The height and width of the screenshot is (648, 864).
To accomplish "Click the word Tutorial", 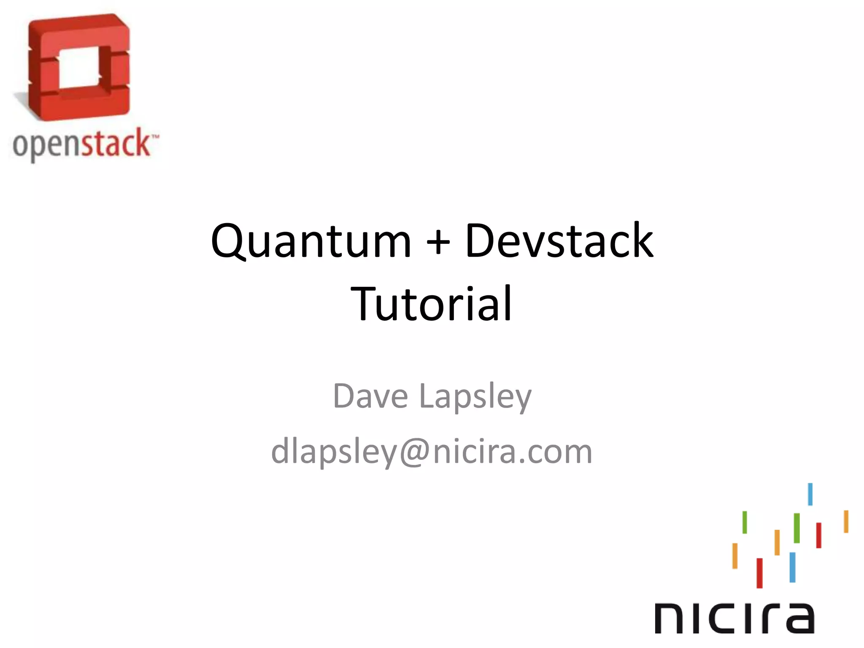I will pos(432,303).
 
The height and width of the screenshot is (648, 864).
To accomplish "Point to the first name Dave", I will pos(370,396).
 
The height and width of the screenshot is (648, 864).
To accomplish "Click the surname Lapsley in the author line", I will pos(475,398).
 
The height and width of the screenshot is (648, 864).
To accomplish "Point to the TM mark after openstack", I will pos(155,137).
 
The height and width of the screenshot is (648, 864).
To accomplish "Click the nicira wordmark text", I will pos(734,618).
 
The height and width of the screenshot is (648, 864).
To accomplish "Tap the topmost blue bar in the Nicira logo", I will pos(810,494).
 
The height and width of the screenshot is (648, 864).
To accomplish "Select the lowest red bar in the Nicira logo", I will pos(759,573).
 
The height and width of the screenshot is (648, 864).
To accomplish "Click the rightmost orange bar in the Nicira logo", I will pos(846,521).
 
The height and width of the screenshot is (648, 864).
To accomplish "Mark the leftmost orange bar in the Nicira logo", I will pos(735,556).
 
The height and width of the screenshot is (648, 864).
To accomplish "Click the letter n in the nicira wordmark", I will pos(671,618).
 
